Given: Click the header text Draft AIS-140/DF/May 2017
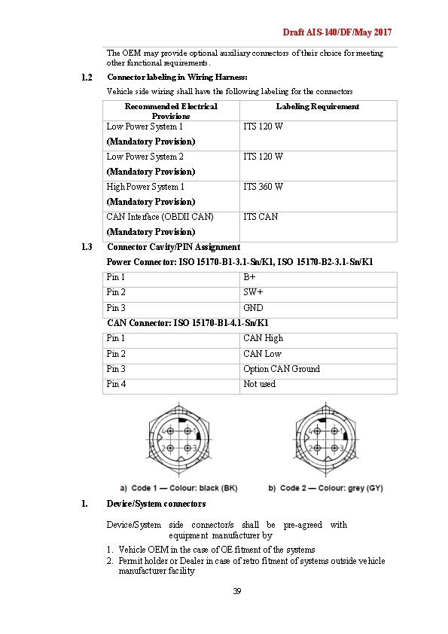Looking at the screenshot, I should pos(337,33).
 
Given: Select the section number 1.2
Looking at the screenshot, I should pos(86,77).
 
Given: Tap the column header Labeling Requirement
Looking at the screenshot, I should pos(317,106).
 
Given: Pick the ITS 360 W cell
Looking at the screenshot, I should pos(263,187).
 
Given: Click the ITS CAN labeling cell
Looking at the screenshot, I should pos(260,217).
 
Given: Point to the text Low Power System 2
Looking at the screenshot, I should pos(145,157).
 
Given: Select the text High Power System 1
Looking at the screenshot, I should pos(145,187).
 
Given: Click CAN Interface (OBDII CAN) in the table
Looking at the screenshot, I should pos(160,217).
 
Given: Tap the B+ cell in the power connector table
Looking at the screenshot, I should pos(249,277).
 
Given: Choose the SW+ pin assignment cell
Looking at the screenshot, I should pos(252,292).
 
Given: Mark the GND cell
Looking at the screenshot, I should pos(252,308).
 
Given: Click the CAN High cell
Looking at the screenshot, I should pos(263,338).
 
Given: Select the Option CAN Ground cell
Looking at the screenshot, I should pos(281,369).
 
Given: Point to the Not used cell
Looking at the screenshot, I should pos(259,384).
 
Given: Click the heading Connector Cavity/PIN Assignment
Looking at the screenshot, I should pos(173,247).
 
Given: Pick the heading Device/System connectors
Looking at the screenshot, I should pos(156,504).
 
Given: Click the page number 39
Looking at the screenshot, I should pos(236,592).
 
